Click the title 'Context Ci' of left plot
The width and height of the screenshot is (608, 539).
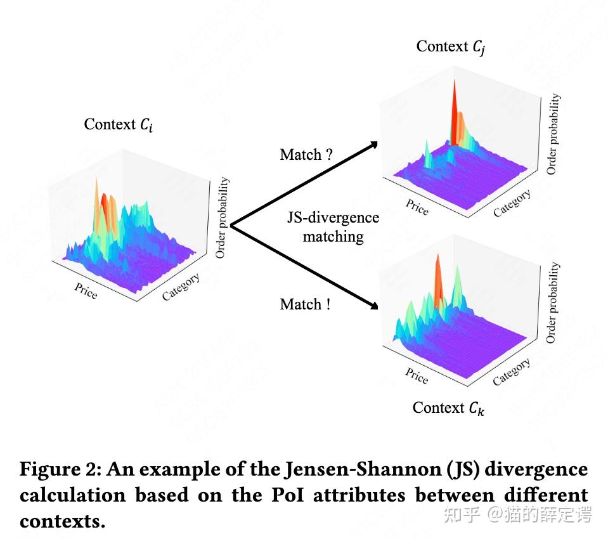click(118, 124)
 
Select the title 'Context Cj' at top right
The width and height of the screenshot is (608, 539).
click(451, 46)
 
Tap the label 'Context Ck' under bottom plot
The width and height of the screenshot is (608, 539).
click(449, 408)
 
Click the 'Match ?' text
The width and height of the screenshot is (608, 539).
click(306, 155)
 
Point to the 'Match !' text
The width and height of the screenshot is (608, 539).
click(305, 304)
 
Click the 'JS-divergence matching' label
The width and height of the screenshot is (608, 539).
click(333, 227)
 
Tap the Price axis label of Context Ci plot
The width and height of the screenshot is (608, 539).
click(86, 291)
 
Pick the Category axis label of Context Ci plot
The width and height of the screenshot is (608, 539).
click(181, 287)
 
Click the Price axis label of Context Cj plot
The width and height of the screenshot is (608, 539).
click(417, 208)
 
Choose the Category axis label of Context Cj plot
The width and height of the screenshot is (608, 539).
click(512, 204)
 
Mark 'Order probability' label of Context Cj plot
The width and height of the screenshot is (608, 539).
click(553, 134)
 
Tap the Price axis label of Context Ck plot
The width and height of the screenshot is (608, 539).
click(417, 376)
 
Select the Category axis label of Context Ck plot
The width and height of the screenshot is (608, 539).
click(512, 372)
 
